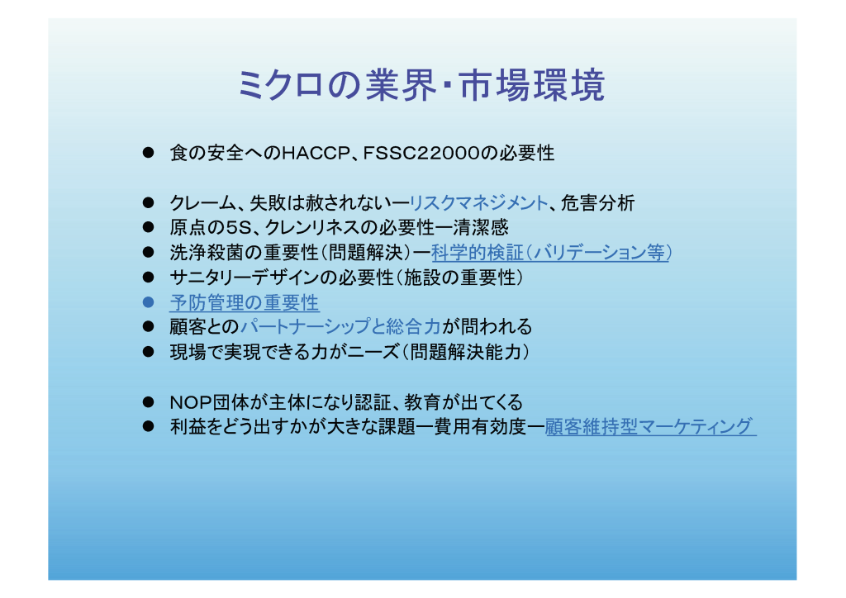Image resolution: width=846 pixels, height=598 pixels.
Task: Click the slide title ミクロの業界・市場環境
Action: (x=421, y=85)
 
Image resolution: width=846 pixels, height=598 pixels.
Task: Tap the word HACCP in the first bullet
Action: (x=316, y=153)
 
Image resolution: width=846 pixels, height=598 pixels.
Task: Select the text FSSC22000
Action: (x=421, y=153)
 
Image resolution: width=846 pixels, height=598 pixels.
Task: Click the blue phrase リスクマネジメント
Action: (x=478, y=202)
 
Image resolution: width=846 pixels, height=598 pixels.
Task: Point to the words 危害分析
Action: (x=598, y=202)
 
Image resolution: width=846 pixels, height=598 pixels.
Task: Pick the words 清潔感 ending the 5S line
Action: (x=481, y=227)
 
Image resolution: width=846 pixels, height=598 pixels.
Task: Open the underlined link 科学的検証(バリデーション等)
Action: (x=551, y=253)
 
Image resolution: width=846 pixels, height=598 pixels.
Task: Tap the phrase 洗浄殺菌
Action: (x=207, y=253)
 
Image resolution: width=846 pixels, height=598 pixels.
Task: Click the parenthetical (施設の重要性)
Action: (x=460, y=278)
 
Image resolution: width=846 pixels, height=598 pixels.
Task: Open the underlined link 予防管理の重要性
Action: (x=245, y=302)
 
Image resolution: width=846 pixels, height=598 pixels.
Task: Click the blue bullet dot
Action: (x=149, y=302)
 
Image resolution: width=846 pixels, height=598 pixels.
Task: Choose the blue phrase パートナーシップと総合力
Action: (x=340, y=327)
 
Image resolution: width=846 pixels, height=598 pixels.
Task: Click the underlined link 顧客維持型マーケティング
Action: (x=651, y=426)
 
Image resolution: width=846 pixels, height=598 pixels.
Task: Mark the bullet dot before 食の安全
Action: (x=149, y=153)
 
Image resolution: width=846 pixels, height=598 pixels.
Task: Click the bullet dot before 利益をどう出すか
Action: (x=149, y=426)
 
